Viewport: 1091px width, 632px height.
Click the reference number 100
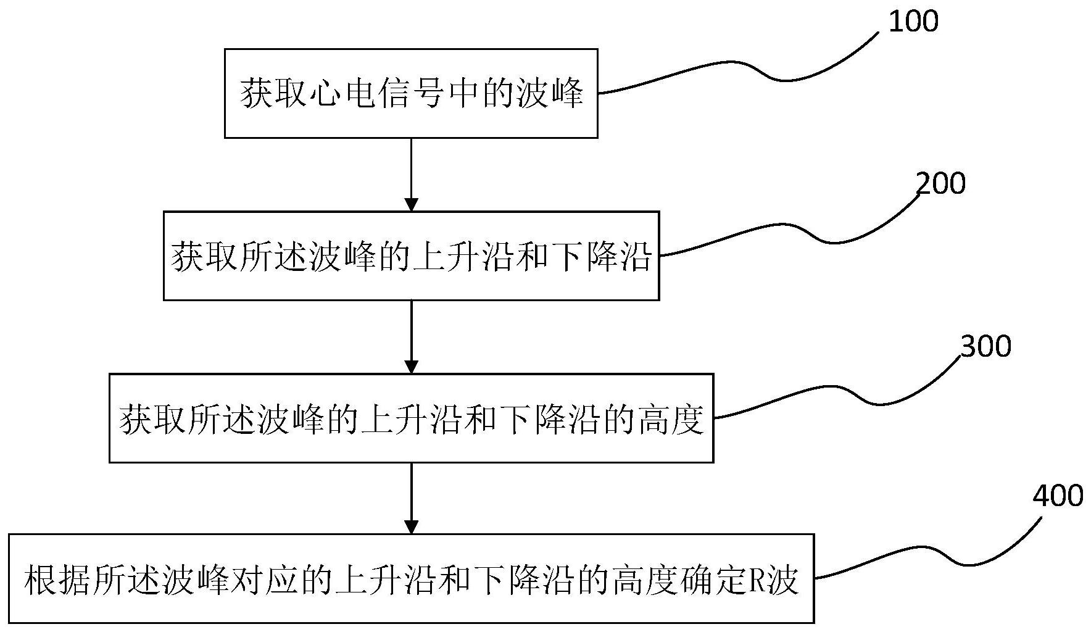click(x=913, y=22)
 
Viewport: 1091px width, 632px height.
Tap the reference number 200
click(x=940, y=184)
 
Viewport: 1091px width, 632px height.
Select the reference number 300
click(x=986, y=346)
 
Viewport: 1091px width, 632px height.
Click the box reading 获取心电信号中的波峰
click(x=411, y=93)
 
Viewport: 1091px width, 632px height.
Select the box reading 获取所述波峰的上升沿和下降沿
click(x=411, y=256)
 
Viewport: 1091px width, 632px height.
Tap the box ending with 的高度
click(x=411, y=418)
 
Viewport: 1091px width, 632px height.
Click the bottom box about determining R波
click(x=411, y=579)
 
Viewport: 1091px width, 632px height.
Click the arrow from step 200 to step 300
click(x=411, y=336)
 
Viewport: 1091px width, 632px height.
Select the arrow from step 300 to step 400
click(x=411, y=497)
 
